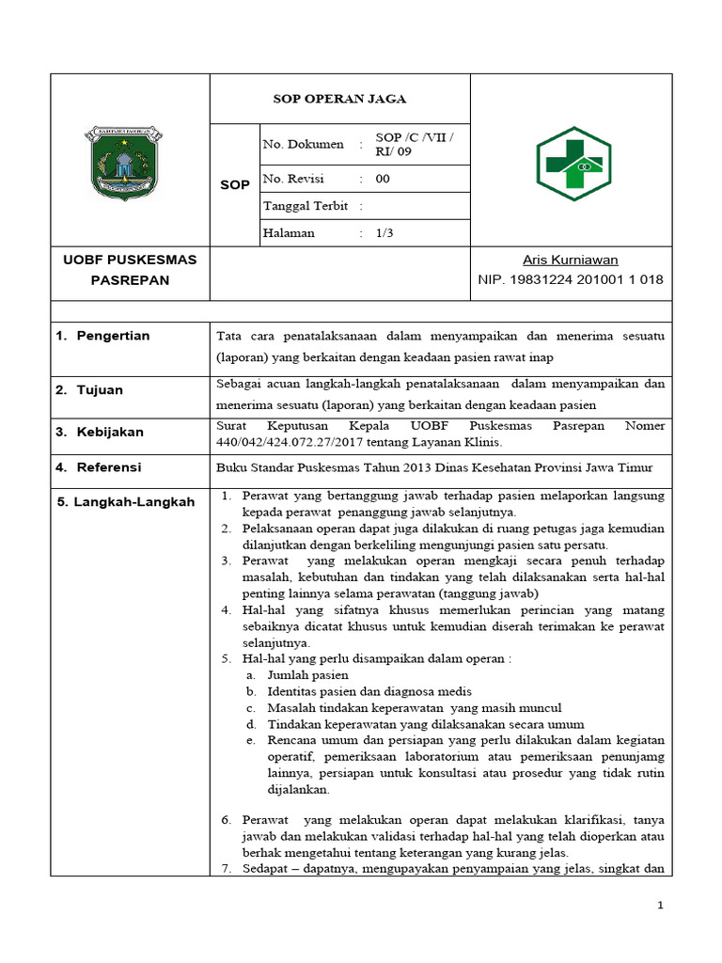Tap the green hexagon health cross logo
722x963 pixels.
coord(573,164)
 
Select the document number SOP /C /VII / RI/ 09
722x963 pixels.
coord(414,144)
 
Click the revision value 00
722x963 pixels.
coord(383,179)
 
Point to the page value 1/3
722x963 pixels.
coord(384,233)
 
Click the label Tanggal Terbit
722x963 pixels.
coord(306,206)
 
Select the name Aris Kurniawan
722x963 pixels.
coord(571,260)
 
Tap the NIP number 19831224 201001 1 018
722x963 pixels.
coord(571,279)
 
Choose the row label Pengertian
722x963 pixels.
coord(114,336)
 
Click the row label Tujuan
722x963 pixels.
coord(100,389)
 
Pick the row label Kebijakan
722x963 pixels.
coord(110,432)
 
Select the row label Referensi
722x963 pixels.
coord(109,467)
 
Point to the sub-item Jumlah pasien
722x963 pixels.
coord(307,675)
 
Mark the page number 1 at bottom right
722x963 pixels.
coord(660,906)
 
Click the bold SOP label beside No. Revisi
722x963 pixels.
coord(234,185)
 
